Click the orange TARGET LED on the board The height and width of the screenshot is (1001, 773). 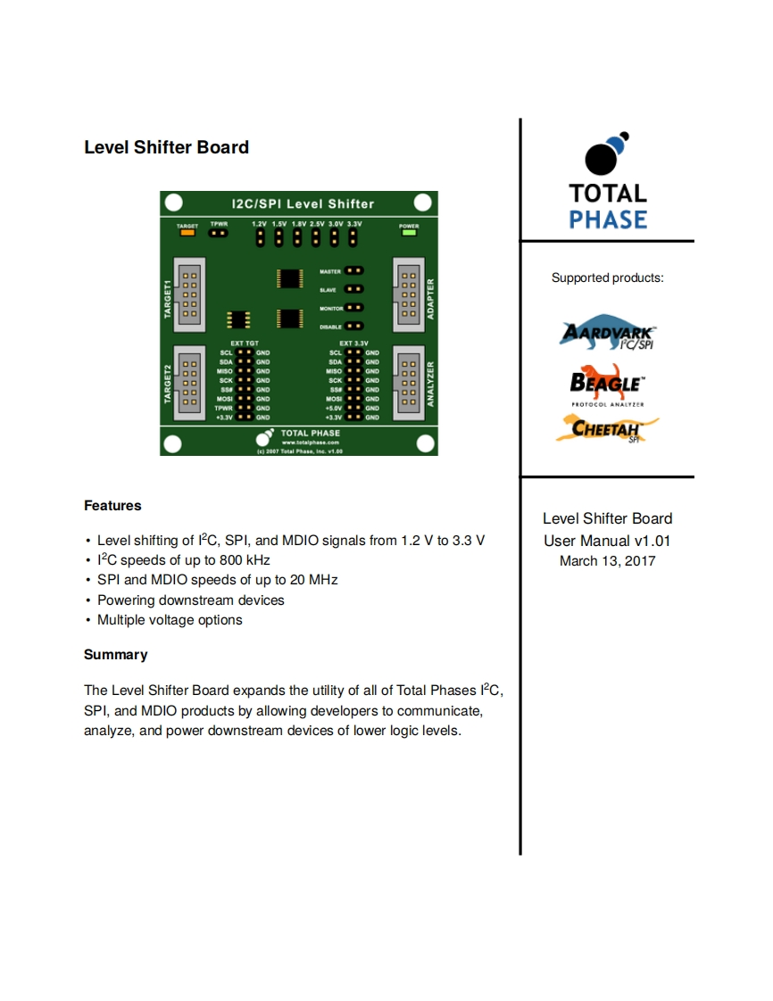(x=187, y=234)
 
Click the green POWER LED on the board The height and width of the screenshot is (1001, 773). (x=409, y=234)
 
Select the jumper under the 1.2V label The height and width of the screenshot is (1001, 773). (x=260, y=238)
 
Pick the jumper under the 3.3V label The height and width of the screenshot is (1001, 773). (x=353, y=238)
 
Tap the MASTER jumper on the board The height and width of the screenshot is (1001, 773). (x=354, y=269)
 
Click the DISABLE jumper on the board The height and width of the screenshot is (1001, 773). (x=354, y=327)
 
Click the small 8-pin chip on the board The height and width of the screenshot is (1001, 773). (x=238, y=319)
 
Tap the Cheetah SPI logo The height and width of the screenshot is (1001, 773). (x=607, y=428)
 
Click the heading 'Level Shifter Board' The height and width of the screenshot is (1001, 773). (x=166, y=147)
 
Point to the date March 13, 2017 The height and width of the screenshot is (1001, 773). (x=607, y=561)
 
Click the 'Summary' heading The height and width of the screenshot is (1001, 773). (x=115, y=655)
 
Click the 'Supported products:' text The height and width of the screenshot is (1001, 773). (x=607, y=278)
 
